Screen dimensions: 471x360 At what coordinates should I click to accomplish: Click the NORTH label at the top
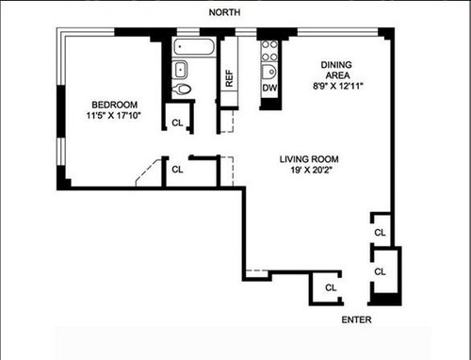pyautogui.click(x=224, y=12)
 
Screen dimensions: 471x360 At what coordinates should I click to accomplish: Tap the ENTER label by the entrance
pyautogui.click(x=356, y=319)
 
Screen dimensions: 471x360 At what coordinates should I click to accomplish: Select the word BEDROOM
pyautogui.click(x=114, y=105)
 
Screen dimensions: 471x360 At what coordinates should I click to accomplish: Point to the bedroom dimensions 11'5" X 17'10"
pyautogui.click(x=113, y=116)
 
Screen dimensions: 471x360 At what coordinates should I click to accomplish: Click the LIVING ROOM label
pyautogui.click(x=309, y=159)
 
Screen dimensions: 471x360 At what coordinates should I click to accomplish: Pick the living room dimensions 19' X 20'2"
pyautogui.click(x=311, y=170)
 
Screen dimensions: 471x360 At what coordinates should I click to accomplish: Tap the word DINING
pyautogui.click(x=336, y=65)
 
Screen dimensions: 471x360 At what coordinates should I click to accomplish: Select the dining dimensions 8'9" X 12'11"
pyautogui.click(x=338, y=86)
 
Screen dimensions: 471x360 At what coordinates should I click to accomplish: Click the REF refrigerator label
pyautogui.click(x=229, y=78)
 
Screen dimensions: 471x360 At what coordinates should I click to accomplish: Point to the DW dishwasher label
pyautogui.click(x=269, y=88)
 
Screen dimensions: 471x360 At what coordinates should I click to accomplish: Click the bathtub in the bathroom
pyautogui.click(x=194, y=47)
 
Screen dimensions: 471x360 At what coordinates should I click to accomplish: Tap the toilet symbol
pyautogui.click(x=182, y=90)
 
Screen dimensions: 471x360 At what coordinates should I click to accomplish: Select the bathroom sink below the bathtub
pyautogui.click(x=180, y=70)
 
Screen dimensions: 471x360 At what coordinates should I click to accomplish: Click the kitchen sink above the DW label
pyautogui.click(x=269, y=73)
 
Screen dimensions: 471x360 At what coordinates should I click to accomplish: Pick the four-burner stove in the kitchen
pyautogui.click(x=269, y=51)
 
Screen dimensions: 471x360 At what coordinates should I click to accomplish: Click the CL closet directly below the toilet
pyautogui.click(x=177, y=123)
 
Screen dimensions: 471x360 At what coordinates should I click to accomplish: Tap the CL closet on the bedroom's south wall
pyautogui.click(x=177, y=170)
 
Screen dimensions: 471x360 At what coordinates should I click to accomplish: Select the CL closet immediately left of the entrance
pyautogui.click(x=331, y=287)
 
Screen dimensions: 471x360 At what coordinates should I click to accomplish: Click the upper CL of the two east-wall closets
pyautogui.click(x=380, y=233)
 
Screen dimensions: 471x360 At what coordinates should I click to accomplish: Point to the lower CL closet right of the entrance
pyautogui.click(x=380, y=271)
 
